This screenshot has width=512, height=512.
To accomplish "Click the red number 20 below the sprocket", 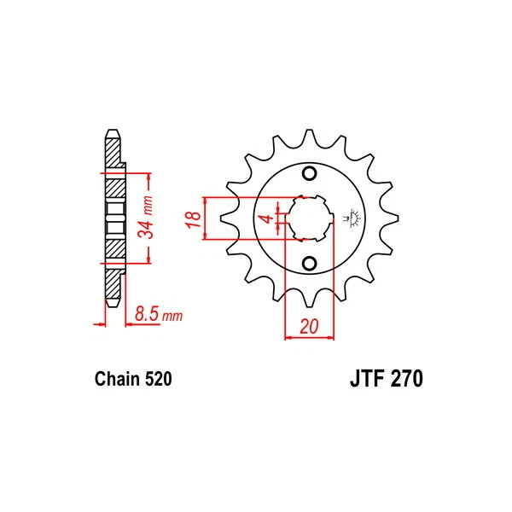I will point(309,326).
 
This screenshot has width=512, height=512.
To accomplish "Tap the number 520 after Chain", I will point(160,378).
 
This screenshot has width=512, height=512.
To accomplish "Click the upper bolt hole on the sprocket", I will point(309,176).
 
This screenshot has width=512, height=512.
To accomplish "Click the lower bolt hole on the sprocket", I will point(309,262).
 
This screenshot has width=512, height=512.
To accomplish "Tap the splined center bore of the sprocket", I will point(309,218).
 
